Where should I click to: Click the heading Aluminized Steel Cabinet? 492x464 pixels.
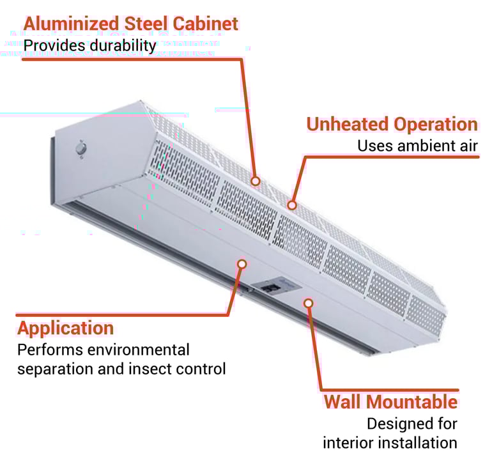pyautogui.click(x=131, y=24)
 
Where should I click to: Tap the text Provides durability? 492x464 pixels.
pyautogui.click(x=89, y=46)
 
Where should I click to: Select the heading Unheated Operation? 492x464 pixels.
pyautogui.click(x=392, y=124)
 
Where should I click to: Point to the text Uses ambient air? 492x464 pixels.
pyautogui.click(x=417, y=146)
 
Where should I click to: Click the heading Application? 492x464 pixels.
pyautogui.click(x=65, y=329)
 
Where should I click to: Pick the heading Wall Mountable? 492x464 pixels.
pyautogui.click(x=390, y=402)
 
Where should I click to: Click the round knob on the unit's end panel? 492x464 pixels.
pyautogui.click(x=81, y=150)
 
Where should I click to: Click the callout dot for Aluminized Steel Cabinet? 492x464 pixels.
pyautogui.click(x=255, y=182)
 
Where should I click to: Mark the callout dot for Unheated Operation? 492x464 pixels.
pyautogui.click(x=291, y=205)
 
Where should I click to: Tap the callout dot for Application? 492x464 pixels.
pyautogui.click(x=242, y=263)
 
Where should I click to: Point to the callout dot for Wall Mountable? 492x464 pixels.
pyautogui.click(x=309, y=302)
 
